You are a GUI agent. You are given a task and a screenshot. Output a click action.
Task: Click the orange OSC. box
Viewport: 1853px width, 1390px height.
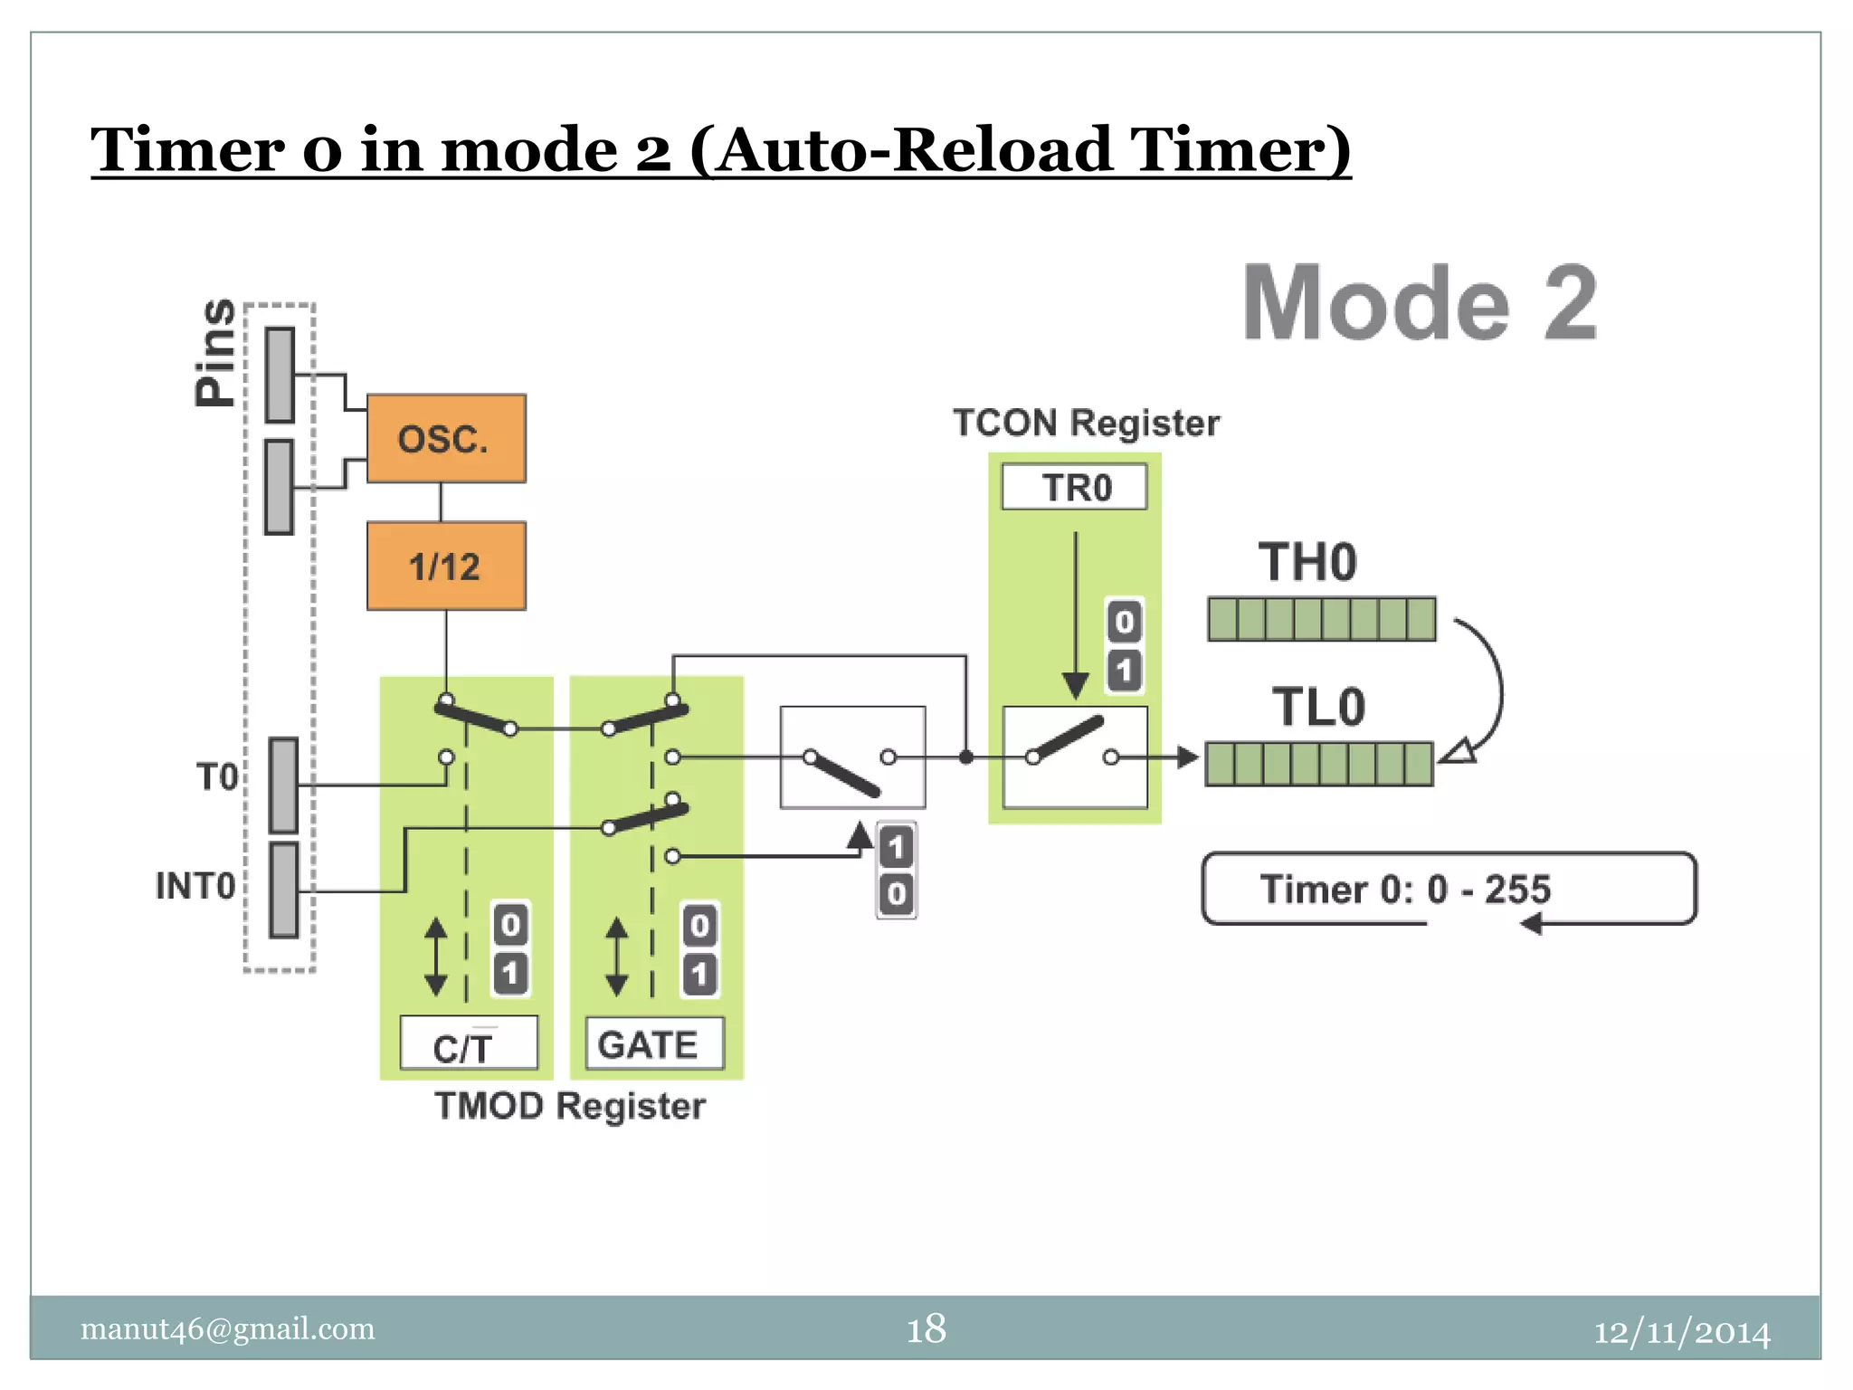pos(446,439)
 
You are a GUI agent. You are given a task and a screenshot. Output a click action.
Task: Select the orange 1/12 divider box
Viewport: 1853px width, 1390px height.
pos(446,566)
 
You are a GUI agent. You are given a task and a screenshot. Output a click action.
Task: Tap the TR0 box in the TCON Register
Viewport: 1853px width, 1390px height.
pos(1074,488)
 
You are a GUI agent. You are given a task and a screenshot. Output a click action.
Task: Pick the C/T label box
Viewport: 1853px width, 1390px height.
pos(468,1044)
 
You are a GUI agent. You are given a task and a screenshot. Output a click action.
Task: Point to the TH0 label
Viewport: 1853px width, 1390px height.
pos(1307,563)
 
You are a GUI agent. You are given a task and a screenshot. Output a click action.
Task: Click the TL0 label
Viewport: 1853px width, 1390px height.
pos(1318,708)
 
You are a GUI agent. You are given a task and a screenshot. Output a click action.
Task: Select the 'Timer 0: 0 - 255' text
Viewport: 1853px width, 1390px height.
pos(1405,890)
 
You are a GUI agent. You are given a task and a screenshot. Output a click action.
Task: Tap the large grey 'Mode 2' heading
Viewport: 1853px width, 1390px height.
pos(1420,304)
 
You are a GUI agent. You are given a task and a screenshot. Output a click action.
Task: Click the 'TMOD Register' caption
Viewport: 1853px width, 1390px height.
pos(570,1106)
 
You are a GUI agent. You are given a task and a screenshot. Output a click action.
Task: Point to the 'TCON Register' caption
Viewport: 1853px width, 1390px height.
pos(1086,424)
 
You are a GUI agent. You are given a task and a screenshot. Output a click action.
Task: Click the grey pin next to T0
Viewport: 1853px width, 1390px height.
pos(283,785)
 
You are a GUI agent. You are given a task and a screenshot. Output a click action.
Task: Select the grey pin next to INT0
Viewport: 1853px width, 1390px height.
pos(283,890)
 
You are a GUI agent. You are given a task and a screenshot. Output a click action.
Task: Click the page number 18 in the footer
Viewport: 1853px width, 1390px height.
pos(926,1329)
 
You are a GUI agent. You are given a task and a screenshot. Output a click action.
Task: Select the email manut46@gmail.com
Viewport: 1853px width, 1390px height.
pos(227,1328)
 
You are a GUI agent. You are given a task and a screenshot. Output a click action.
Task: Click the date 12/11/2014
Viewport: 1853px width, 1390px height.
pos(1681,1332)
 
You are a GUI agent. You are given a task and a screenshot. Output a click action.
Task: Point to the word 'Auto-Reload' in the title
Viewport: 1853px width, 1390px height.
pos(915,150)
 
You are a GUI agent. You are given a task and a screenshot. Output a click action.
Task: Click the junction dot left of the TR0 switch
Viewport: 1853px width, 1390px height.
pos(966,757)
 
